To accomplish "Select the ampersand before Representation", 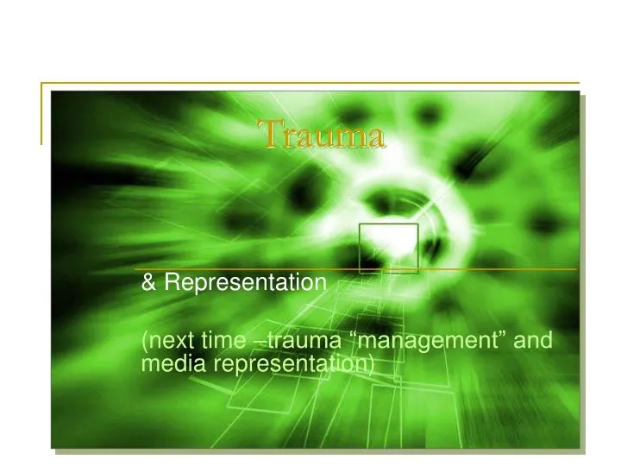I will tap(148, 282).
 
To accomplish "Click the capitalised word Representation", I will tap(245, 282).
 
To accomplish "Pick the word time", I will tap(227, 342).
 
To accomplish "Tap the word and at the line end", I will tap(533, 342).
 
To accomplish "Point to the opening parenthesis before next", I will tap(143, 343).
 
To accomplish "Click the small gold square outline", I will tap(388, 249).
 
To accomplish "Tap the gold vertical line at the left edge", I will tap(41, 112).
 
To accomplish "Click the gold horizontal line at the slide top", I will tap(310, 83).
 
